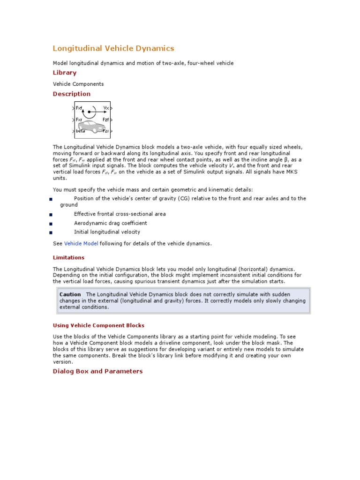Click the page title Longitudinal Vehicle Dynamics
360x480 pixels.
[x=113, y=48]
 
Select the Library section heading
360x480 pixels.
[x=64, y=73]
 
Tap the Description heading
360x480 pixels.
[x=71, y=94]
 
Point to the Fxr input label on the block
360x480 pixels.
[x=80, y=120]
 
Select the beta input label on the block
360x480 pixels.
[x=81, y=131]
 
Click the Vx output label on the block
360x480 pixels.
[x=106, y=108]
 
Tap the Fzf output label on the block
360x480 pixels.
[x=105, y=120]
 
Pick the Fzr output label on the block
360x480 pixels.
[x=105, y=131]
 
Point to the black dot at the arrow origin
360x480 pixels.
[x=89, y=112]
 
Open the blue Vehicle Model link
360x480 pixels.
[x=81, y=244]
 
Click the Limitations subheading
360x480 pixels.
[x=68, y=257]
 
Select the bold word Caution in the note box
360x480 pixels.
[x=70, y=294]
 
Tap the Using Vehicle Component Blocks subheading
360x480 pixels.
[x=98, y=325]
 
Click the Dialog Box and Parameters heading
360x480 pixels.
[x=97, y=371]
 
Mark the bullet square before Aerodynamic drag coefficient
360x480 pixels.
[x=50, y=224]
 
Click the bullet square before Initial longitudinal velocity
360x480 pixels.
[x=50, y=232]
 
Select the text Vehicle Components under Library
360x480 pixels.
[x=78, y=84]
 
